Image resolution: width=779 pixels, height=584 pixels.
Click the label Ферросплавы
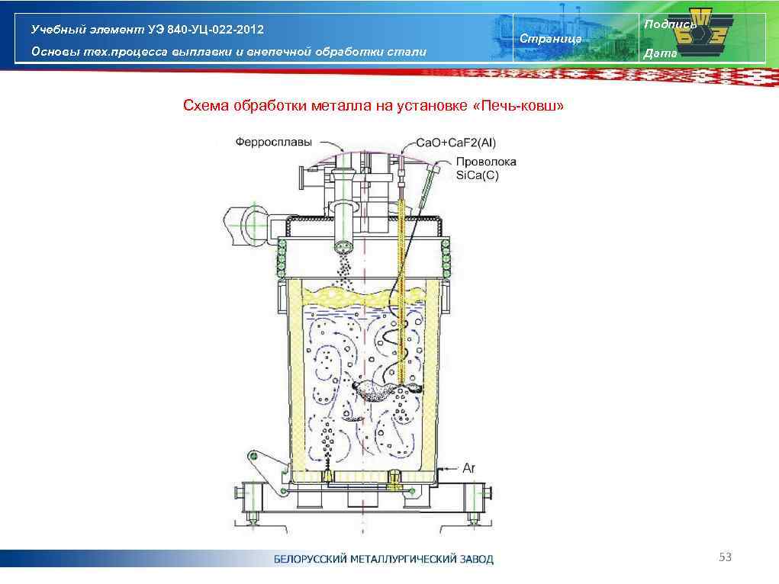(267, 142)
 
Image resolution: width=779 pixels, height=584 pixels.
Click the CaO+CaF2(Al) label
(455, 143)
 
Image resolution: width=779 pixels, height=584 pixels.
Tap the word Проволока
(486, 162)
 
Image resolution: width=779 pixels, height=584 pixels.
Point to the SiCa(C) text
(477, 175)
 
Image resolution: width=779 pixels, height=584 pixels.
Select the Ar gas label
(468, 467)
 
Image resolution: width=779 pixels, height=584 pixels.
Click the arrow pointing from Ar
(449, 468)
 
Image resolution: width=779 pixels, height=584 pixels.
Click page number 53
(725, 558)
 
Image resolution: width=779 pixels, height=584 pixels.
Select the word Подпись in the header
(669, 24)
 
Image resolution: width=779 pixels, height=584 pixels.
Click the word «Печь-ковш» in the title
(519, 105)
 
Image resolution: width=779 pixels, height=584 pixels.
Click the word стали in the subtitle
(410, 52)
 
